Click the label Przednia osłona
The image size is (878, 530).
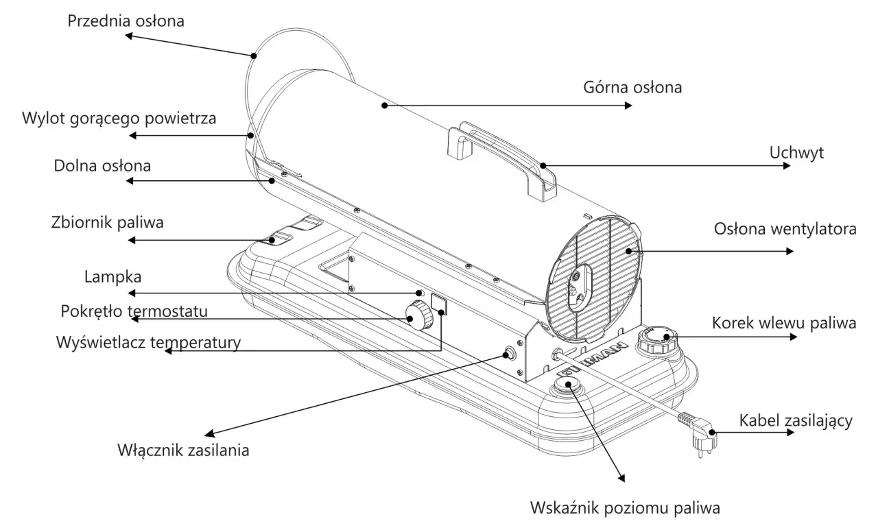126,21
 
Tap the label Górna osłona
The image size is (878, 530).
632,88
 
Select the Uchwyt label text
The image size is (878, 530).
796,152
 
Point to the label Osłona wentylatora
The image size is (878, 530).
785,229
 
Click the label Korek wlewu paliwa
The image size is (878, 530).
784,323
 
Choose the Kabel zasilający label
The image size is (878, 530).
796,420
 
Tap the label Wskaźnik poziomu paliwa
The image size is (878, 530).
626,509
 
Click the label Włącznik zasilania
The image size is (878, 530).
183,450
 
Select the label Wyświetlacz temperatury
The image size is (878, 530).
148,342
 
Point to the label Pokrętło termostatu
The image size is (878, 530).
134,311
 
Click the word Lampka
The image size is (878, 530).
112,277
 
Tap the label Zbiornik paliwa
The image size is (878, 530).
108,222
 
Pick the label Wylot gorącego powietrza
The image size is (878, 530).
119,118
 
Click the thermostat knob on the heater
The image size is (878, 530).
416,315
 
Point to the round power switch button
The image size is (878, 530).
510,354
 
